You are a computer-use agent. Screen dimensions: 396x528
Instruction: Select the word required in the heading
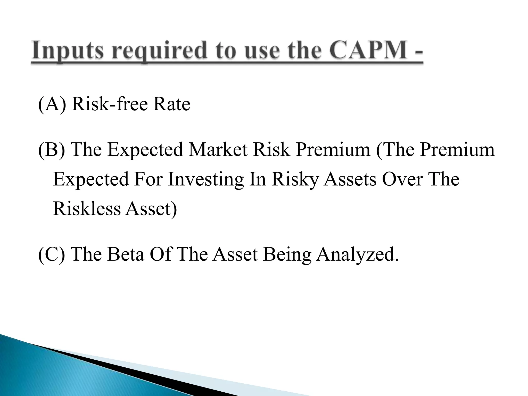point(160,50)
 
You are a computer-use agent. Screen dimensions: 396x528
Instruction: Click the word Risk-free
point(110,104)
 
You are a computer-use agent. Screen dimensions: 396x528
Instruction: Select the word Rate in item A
point(171,104)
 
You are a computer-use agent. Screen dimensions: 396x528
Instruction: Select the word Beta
point(125,254)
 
